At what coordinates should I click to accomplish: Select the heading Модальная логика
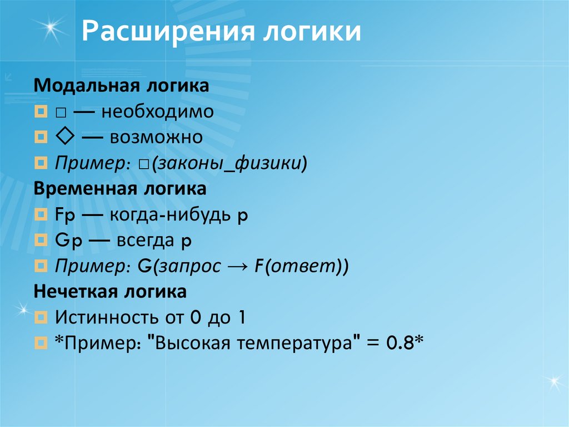pos(121,86)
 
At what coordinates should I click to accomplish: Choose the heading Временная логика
pos(120,189)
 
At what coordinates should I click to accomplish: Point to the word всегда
pos(142,241)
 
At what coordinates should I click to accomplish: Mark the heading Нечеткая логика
pos(109,292)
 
